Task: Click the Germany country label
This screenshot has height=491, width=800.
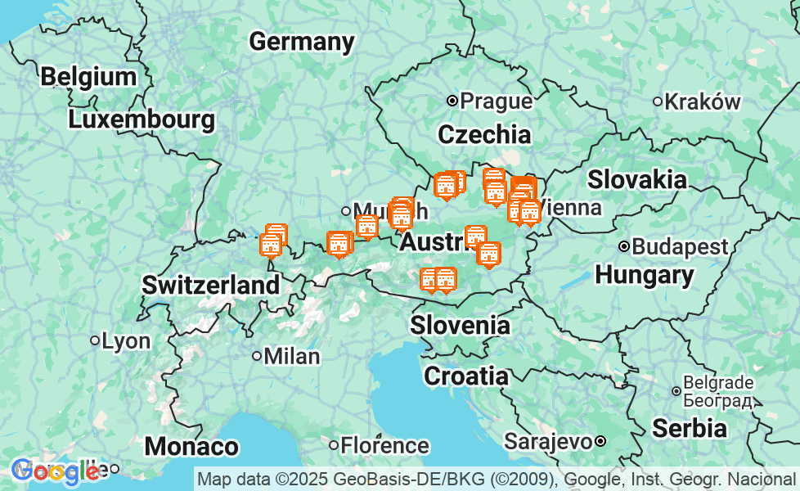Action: (x=302, y=42)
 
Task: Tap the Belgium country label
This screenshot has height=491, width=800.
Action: (x=88, y=77)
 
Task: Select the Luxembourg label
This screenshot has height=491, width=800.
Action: (x=142, y=119)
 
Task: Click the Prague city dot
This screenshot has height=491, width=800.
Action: (x=452, y=101)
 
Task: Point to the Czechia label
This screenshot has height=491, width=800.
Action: (x=484, y=134)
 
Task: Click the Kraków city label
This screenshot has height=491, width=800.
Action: (x=703, y=101)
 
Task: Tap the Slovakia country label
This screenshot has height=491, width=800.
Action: (x=637, y=179)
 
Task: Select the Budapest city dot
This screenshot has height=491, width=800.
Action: (x=624, y=246)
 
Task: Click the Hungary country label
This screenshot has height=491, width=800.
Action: (x=645, y=275)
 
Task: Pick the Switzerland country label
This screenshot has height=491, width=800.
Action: (x=210, y=286)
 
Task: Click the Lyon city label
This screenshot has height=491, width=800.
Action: (x=126, y=340)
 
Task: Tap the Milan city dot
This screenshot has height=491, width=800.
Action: (x=257, y=356)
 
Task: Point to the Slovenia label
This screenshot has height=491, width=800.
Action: (x=460, y=325)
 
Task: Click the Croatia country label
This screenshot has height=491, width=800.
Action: (x=465, y=376)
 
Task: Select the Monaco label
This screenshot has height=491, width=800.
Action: (x=191, y=447)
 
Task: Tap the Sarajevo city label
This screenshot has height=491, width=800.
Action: (x=547, y=442)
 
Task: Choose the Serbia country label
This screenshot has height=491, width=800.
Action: (x=689, y=428)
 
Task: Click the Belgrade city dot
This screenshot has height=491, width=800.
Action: (x=676, y=391)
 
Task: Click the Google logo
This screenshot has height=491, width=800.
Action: (x=56, y=471)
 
